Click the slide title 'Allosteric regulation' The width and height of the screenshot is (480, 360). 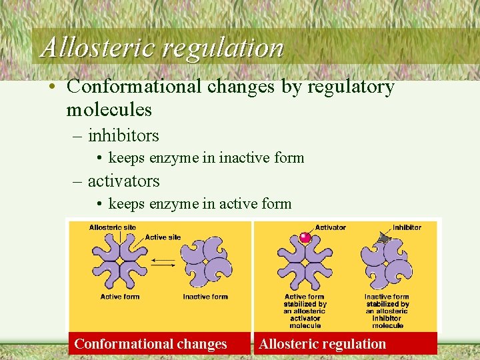(x=162, y=47)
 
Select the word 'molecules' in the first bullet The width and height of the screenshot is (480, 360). (x=109, y=109)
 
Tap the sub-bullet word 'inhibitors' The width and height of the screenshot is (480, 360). (x=123, y=136)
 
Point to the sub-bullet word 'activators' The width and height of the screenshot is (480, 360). (x=123, y=181)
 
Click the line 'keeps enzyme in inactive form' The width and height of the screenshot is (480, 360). (x=206, y=158)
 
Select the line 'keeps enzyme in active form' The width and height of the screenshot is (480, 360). (x=200, y=203)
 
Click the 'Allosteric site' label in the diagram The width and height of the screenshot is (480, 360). (x=112, y=227)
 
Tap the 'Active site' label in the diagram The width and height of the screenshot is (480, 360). (x=163, y=237)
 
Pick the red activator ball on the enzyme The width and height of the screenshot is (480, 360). (x=305, y=237)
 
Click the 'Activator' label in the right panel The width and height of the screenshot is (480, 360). (x=330, y=227)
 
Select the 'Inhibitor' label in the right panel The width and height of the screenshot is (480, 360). (x=407, y=227)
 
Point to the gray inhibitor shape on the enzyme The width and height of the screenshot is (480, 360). (x=383, y=237)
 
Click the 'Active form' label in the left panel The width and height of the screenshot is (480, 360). (x=120, y=297)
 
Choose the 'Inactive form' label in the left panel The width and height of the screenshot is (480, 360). (x=205, y=297)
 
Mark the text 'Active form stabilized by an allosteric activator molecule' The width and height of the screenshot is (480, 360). (x=305, y=311)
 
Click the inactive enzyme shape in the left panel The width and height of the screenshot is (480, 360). (x=205, y=262)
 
